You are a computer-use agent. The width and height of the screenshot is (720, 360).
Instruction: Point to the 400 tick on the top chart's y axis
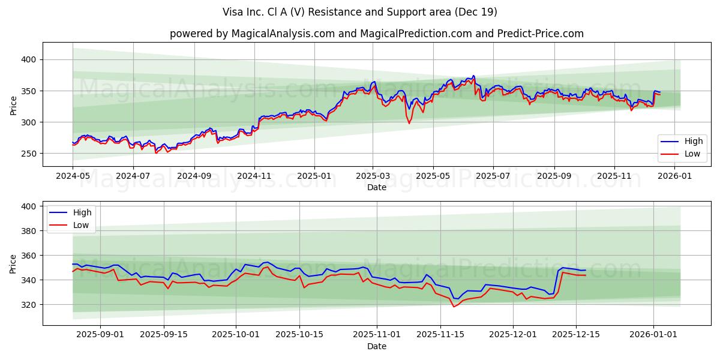29,59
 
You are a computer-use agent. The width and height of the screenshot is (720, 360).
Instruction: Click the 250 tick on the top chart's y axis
29,154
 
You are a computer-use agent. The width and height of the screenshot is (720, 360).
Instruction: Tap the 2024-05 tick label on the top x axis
73,177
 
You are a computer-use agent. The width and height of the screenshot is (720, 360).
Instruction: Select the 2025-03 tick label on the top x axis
373,177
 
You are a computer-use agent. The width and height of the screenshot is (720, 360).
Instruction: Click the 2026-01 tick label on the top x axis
675,177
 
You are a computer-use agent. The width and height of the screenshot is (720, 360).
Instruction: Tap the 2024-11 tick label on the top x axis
254,177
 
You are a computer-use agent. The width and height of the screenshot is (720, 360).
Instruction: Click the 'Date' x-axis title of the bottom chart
376,346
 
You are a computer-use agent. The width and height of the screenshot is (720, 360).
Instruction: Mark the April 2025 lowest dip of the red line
410,124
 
